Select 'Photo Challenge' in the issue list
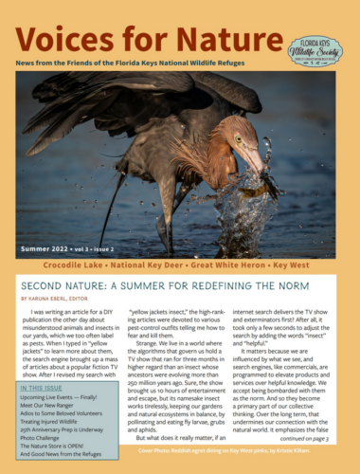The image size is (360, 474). [47, 435]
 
